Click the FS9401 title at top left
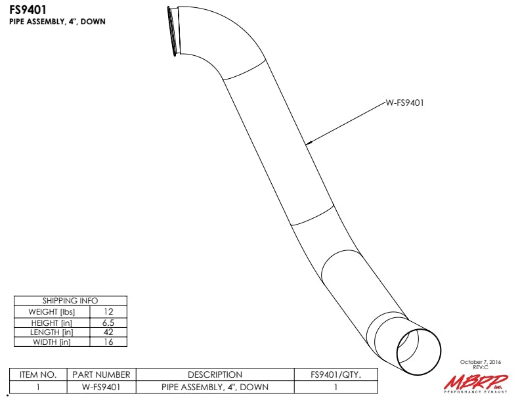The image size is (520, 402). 28,10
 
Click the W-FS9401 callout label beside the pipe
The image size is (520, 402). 404,103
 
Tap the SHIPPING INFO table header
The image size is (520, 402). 70,301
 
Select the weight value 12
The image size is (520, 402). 108,312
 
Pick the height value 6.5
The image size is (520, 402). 108,323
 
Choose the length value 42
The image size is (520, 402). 108,332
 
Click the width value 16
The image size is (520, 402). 108,342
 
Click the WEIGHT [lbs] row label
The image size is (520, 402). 52,312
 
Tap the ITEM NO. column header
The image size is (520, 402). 38,375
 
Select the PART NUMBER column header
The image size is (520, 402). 101,375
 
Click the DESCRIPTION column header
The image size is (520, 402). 215,375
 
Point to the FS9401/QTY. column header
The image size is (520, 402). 336,375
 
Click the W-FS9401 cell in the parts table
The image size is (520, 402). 101,387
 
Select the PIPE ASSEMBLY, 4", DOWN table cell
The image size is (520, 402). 215,387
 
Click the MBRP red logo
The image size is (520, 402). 476,383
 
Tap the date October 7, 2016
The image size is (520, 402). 481,362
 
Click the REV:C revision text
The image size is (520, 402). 481,367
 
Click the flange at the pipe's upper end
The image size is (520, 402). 174,31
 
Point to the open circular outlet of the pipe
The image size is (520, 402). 419,351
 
